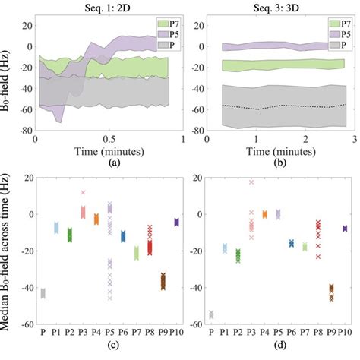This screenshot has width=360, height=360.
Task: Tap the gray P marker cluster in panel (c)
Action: (x=43, y=293)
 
